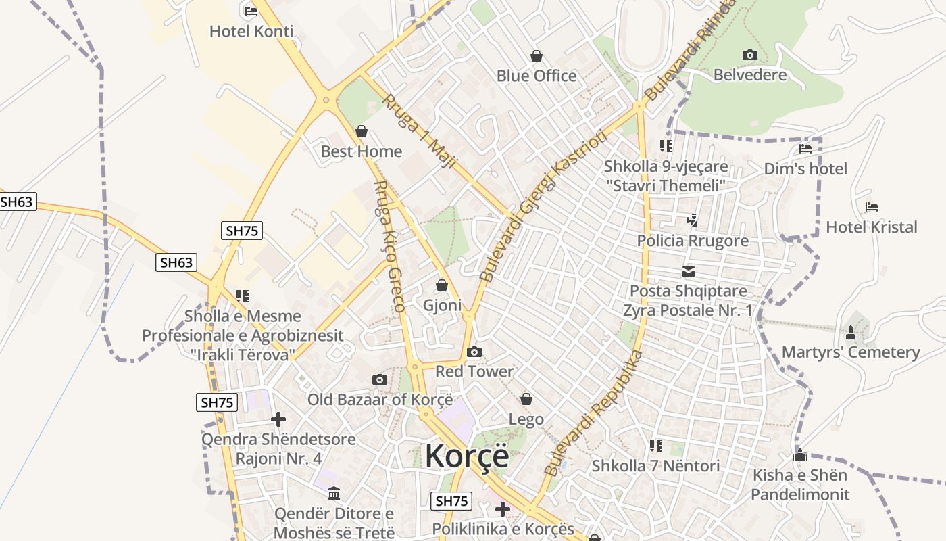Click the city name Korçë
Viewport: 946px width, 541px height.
[467, 456]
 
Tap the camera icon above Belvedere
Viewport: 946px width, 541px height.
[749, 55]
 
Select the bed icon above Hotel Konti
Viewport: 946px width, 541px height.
[251, 11]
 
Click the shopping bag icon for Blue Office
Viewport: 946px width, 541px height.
[537, 55]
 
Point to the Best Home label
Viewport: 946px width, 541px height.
[362, 151]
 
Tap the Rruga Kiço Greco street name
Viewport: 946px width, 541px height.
[390, 246]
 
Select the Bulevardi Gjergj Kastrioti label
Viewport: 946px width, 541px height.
[544, 206]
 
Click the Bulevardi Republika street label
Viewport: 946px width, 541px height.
[593, 413]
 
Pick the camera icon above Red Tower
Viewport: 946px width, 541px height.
[474, 352]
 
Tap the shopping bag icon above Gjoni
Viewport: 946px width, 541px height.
[442, 285]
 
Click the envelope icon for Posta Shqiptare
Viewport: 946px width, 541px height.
[689, 272]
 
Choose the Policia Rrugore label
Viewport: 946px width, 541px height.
[693, 241]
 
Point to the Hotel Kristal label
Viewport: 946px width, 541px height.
[872, 227]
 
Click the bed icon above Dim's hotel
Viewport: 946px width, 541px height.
[805, 149]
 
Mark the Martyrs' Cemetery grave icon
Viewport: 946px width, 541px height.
[851, 333]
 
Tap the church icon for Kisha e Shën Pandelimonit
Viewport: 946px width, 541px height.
[800, 455]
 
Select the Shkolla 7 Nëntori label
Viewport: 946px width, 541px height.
[655, 465]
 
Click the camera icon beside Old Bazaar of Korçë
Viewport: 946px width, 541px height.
[380, 379]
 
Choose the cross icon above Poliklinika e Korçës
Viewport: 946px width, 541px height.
[503, 509]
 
